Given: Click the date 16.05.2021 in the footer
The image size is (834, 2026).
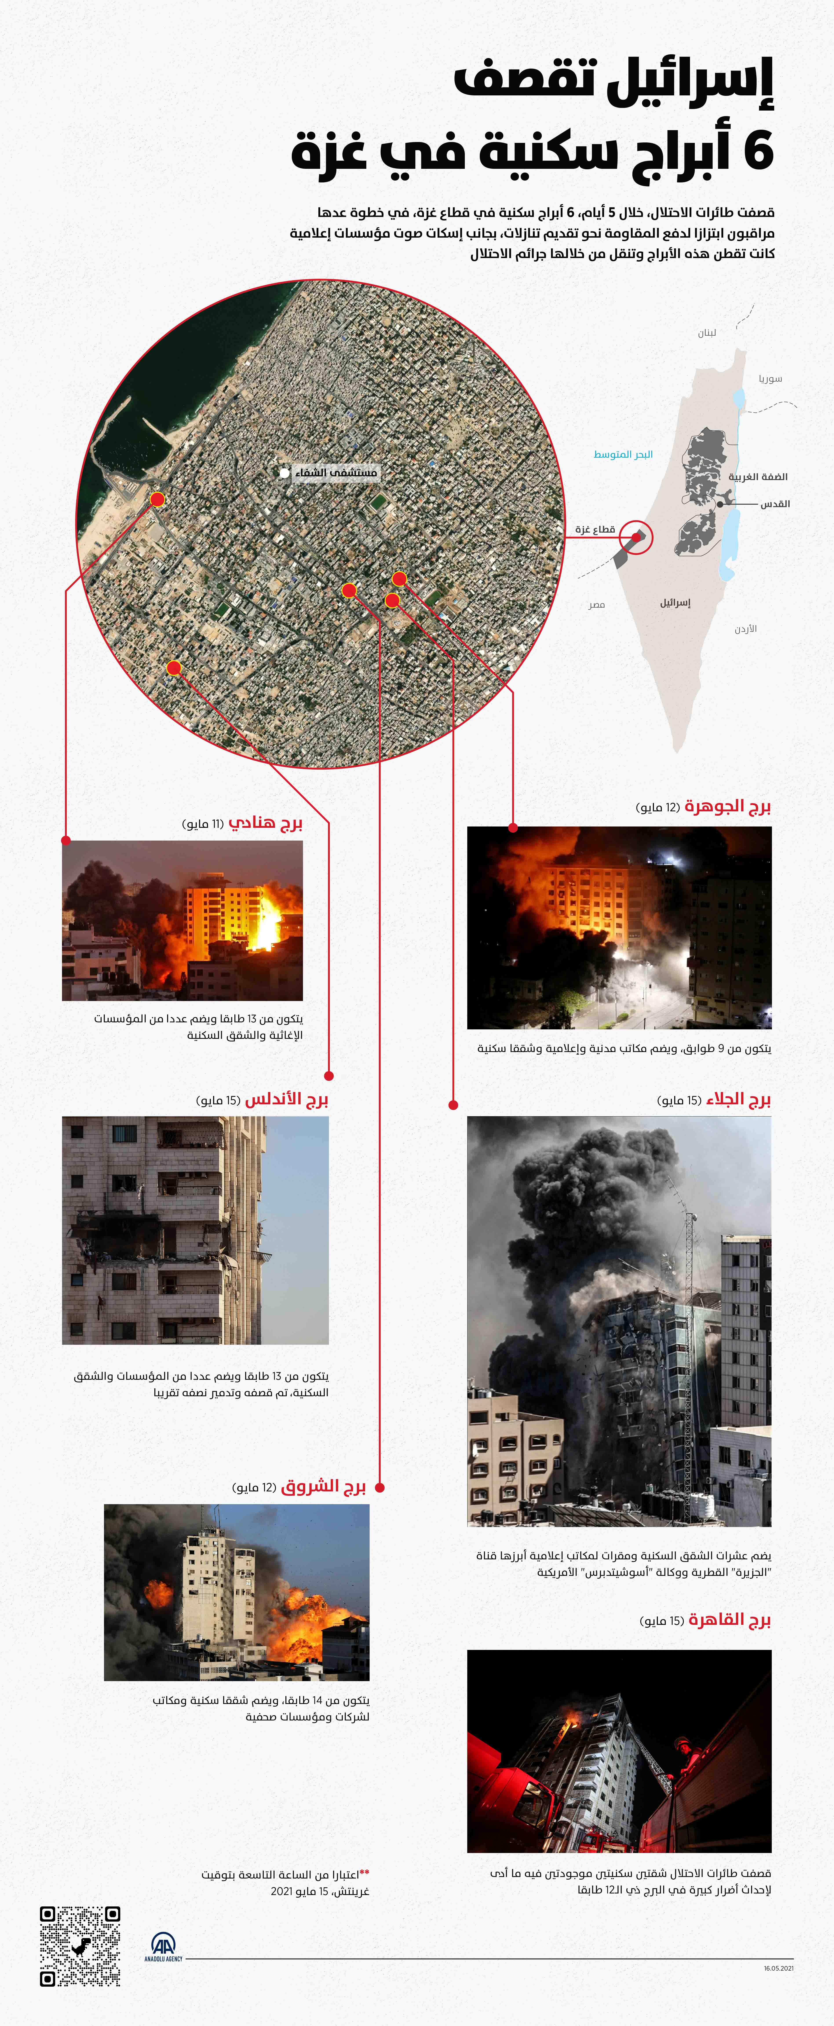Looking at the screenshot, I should coord(778,1968).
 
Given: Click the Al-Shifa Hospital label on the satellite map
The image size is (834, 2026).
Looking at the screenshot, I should coord(335,473).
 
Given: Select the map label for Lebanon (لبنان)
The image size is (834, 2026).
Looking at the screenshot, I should coord(706,333).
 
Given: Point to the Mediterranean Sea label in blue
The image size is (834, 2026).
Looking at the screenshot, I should coord(623,455).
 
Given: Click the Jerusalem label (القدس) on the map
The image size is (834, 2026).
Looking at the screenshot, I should coord(775,503).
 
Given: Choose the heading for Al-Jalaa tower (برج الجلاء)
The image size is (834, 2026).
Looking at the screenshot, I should coord(738,1099).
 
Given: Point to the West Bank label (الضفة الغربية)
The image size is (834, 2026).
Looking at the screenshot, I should coord(758,477).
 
